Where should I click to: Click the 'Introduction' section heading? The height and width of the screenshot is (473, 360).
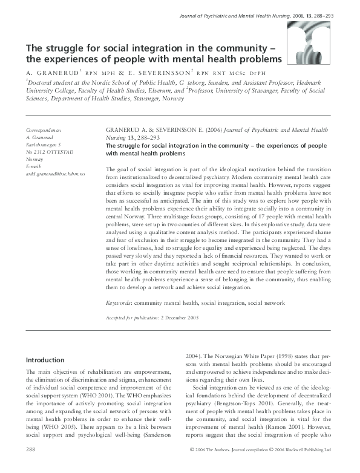tap(45, 359)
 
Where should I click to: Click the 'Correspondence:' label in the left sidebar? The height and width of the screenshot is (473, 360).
tap(45, 131)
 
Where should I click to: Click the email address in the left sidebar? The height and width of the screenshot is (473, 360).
tap(55, 174)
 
